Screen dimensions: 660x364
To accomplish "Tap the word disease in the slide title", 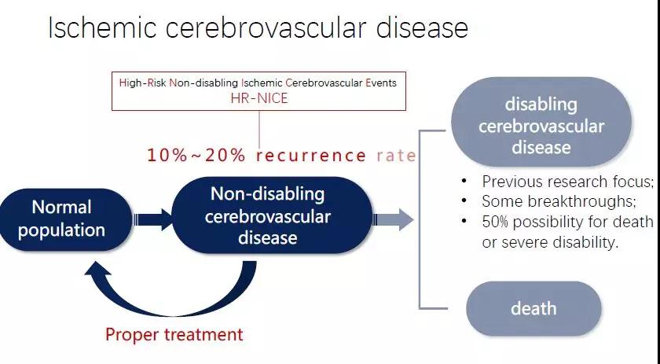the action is [422, 28].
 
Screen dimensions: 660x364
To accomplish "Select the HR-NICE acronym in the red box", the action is [259, 98].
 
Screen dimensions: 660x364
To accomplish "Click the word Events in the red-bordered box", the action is [381, 83].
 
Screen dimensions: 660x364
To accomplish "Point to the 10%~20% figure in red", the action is [196, 156].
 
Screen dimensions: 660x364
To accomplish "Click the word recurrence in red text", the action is [311, 156].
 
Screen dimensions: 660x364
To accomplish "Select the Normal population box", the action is [65, 219].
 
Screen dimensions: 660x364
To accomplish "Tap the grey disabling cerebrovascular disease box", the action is [541, 122].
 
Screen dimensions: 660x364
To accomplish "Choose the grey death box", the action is [533, 308].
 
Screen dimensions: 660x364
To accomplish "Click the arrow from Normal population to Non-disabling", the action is [153, 219].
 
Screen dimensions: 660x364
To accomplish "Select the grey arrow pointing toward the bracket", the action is [394, 219].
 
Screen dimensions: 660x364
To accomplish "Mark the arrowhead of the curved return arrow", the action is [97, 269].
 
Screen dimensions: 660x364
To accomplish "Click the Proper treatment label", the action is [174, 334].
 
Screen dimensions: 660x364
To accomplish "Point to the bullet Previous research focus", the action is [568, 182].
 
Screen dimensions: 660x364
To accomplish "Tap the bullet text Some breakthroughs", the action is [559, 201].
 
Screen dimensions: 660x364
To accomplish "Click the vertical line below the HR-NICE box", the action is [258, 130].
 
